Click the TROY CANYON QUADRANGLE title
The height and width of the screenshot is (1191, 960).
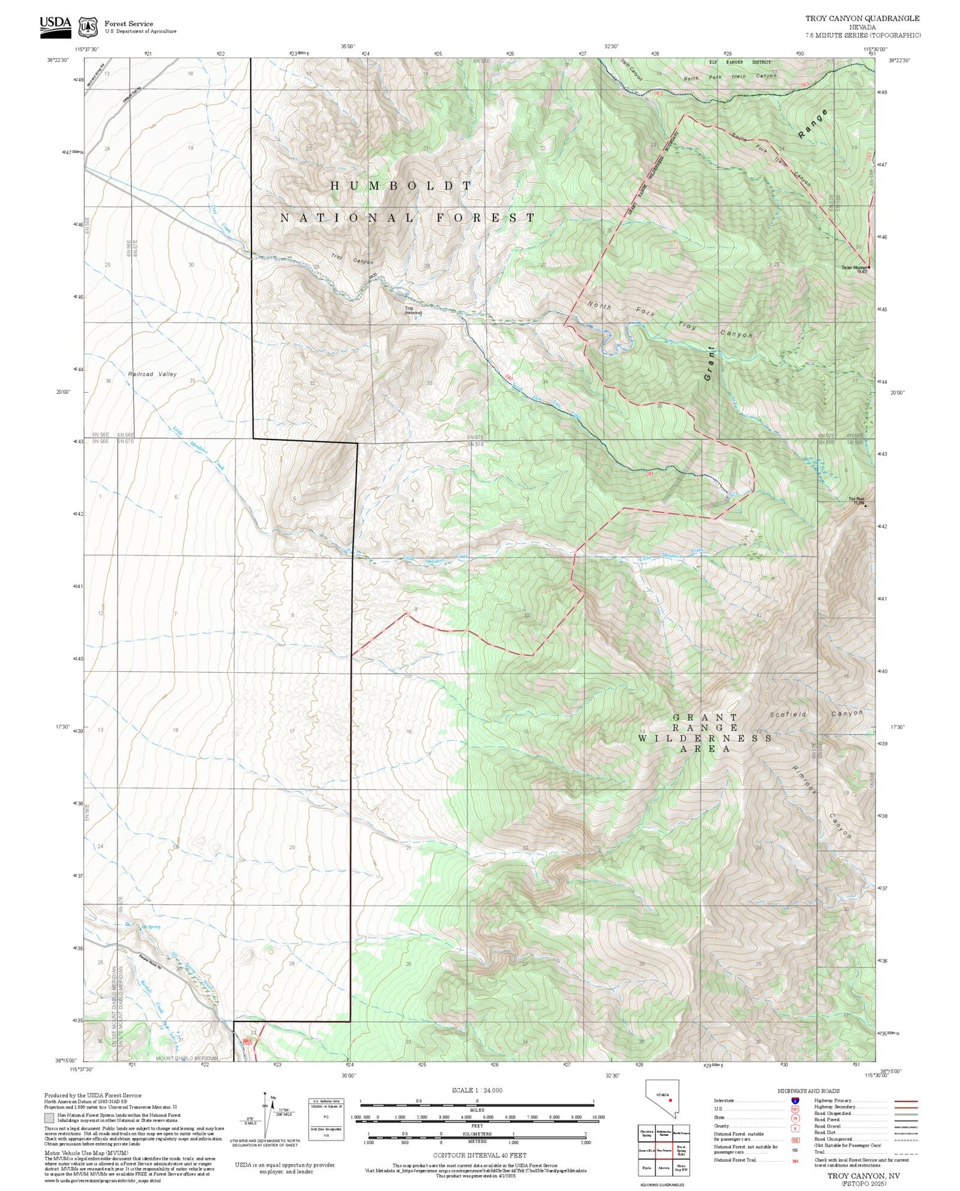tap(862, 19)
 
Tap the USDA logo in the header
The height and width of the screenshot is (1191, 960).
tap(56, 24)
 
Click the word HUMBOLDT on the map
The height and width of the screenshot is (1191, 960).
tap(401, 185)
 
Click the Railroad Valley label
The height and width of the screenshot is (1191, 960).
tap(152, 374)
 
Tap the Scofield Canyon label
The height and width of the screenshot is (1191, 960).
tap(816, 713)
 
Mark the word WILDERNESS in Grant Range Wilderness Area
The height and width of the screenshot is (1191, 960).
tap(704, 738)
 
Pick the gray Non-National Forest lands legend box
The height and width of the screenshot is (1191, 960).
tap(49, 1118)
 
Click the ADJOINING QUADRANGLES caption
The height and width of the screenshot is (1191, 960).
tap(664, 1185)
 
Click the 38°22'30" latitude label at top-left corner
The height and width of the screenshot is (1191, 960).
tap(57, 60)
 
